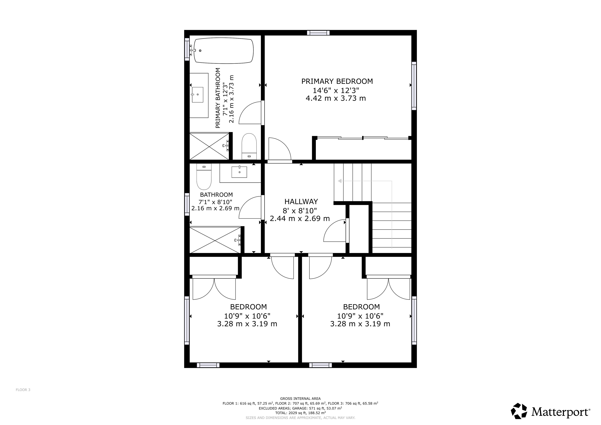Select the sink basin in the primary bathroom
198,95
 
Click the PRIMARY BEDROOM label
337,81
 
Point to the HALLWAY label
301,202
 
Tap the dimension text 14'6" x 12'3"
336,91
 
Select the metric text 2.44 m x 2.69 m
300,218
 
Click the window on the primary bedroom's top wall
318,33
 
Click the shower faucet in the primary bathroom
226,146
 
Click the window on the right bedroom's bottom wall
321,365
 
